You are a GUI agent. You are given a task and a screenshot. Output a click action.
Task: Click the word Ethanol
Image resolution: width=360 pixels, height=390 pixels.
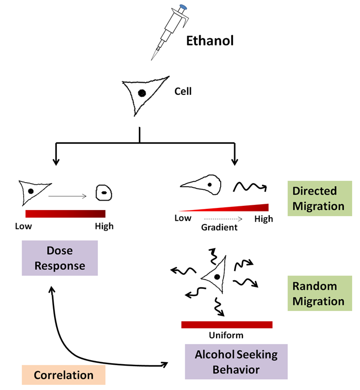click(210, 40)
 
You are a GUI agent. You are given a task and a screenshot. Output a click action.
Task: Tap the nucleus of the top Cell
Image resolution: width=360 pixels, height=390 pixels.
click(141, 93)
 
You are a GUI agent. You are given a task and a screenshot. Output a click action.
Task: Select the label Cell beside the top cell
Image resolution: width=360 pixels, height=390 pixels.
click(183, 92)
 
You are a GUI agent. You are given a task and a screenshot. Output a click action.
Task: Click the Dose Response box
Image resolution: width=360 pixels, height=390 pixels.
click(60, 259)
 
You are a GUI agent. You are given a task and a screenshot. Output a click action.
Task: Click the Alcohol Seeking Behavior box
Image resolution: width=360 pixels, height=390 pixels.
click(228, 362)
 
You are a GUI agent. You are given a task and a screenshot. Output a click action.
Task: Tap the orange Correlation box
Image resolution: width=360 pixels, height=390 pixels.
click(63, 375)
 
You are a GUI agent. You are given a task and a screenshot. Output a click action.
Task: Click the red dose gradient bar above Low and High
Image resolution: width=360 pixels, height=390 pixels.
click(66, 214)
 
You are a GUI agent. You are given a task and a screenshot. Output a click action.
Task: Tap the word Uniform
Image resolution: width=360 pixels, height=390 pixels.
click(226, 335)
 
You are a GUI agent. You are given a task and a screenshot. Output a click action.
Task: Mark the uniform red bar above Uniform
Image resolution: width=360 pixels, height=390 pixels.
click(226, 324)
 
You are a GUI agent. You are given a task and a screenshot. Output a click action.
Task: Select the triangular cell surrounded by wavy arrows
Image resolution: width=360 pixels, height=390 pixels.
click(214, 277)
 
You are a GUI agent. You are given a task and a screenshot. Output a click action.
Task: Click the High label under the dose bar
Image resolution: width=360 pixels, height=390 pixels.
click(104, 226)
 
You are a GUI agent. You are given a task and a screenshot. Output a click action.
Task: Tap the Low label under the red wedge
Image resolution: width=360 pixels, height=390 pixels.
click(183, 219)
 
